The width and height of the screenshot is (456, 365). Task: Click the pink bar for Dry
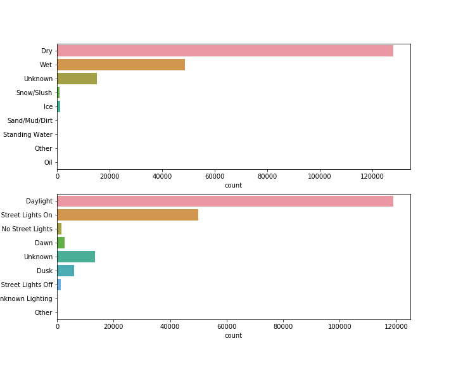[225, 51]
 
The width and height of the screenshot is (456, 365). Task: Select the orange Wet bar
[121, 65]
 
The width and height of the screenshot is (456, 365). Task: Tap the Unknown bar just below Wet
[77, 79]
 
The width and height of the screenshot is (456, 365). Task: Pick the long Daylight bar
[225, 201]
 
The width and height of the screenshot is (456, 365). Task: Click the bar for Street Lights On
[127, 215]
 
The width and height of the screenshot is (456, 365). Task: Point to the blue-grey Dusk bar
[65, 271]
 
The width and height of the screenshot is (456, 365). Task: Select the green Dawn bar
[61, 243]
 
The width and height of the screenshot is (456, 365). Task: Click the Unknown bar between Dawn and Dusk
[76, 257]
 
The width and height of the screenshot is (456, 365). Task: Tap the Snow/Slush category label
[34, 93]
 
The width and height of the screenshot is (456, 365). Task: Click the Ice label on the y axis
[48, 106]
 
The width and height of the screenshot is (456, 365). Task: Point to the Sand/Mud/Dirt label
[30, 120]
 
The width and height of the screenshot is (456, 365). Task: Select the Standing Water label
[28, 134]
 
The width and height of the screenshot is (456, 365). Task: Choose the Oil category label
[48, 162]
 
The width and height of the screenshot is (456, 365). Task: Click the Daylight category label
[39, 201]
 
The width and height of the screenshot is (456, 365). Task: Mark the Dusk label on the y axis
[44, 271]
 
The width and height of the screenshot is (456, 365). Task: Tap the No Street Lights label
[27, 229]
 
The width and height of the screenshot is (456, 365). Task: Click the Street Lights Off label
[27, 285]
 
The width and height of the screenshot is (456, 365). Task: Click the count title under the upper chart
[233, 185]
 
